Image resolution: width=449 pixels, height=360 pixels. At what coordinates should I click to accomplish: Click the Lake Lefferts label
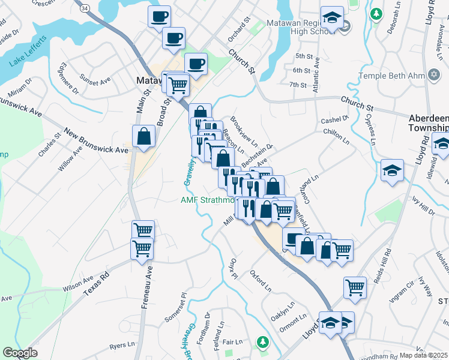pyautogui.click(x=27, y=52)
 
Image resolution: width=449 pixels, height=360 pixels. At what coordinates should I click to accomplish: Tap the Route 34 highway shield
pyautogui.click(x=85, y=8)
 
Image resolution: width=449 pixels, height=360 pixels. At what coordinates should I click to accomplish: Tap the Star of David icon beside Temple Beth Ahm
pyautogui.click(x=434, y=76)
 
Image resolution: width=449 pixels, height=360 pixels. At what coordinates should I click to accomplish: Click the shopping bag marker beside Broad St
pyautogui.click(x=145, y=136)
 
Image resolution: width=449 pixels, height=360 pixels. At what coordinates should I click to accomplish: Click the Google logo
pyautogui.click(x=20, y=353)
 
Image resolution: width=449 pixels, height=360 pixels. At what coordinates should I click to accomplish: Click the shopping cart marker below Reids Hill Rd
pyautogui.click(x=355, y=287)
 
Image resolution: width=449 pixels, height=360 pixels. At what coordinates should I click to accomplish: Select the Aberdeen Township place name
pyautogui.click(x=427, y=122)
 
